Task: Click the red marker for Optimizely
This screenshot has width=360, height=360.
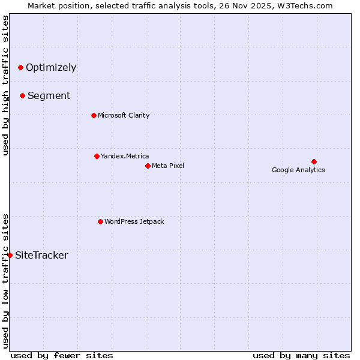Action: pyautogui.click(x=20, y=67)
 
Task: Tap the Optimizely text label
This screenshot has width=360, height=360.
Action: pyautogui.click(x=51, y=67)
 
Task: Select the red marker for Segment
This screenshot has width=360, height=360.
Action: pyautogui.click(x=22, y=95)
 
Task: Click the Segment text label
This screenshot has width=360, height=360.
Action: pyautogui.click(x=49, y=95)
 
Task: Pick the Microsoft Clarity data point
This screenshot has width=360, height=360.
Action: pyautogui.click(x=94, y=115)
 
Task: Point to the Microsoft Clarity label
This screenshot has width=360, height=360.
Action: pyautogui.click(x=124, y=115)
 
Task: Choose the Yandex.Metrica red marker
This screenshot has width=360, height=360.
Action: pyautogui.click(x=97, y=156)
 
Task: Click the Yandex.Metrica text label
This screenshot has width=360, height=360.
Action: pyautogui.click(x=125, y=156)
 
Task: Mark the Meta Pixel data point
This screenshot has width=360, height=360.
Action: pyautogui.click(x=148, y=166)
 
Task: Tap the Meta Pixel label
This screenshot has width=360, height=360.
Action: pyautogui.click(x=168, y=166)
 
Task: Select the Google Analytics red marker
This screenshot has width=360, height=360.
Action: pyautogui.click(x=314, y=161)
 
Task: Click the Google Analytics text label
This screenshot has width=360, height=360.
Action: pyautogui.click(x=298, y=170)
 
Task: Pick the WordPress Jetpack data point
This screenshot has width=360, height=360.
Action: pyautogui.click(x=100, y=221)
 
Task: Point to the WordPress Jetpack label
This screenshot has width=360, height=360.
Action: pyautogui.click(x=134, y=221)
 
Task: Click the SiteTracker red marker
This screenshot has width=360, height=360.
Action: pyautogui.click(x=10, y=255)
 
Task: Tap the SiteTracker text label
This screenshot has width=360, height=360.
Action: pyautogui.click(x=41, y=256)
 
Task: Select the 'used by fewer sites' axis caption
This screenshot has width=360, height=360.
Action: pyautogui.click(x=62, y=355)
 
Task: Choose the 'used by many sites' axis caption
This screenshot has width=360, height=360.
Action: pyautogui.click(x=301, y=355)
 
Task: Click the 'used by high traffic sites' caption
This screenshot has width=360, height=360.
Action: pyautogui.click(x=5, y=85)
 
